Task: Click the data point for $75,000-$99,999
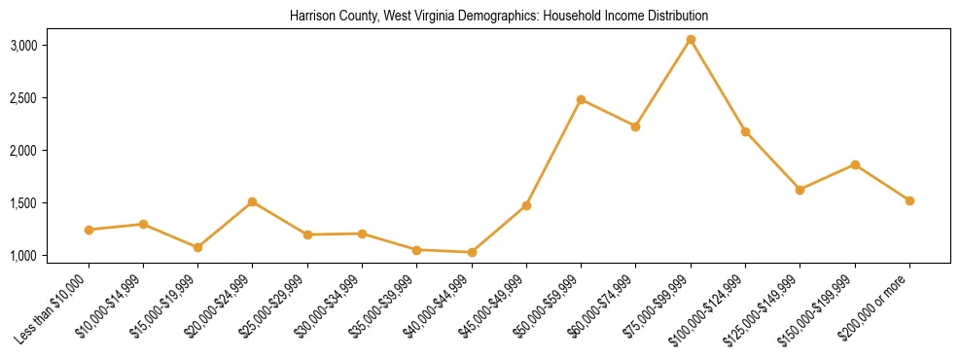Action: point(691,39)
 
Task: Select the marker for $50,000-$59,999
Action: point(581,99)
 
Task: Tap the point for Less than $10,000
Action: point(89,230)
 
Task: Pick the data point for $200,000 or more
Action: point(909,200)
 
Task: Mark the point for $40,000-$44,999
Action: point(472,252)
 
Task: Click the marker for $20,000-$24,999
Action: point(253,201)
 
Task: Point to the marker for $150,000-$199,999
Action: point(855,164)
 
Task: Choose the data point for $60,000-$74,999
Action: point(635,126)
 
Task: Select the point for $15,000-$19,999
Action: point(197,247)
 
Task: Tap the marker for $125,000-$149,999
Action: point(800,190)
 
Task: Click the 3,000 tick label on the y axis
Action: point(51,46)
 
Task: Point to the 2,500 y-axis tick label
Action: point(51,98)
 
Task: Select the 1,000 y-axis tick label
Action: point(51,256)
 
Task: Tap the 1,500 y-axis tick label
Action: point(51,203)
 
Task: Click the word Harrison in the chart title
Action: point(311,17)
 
